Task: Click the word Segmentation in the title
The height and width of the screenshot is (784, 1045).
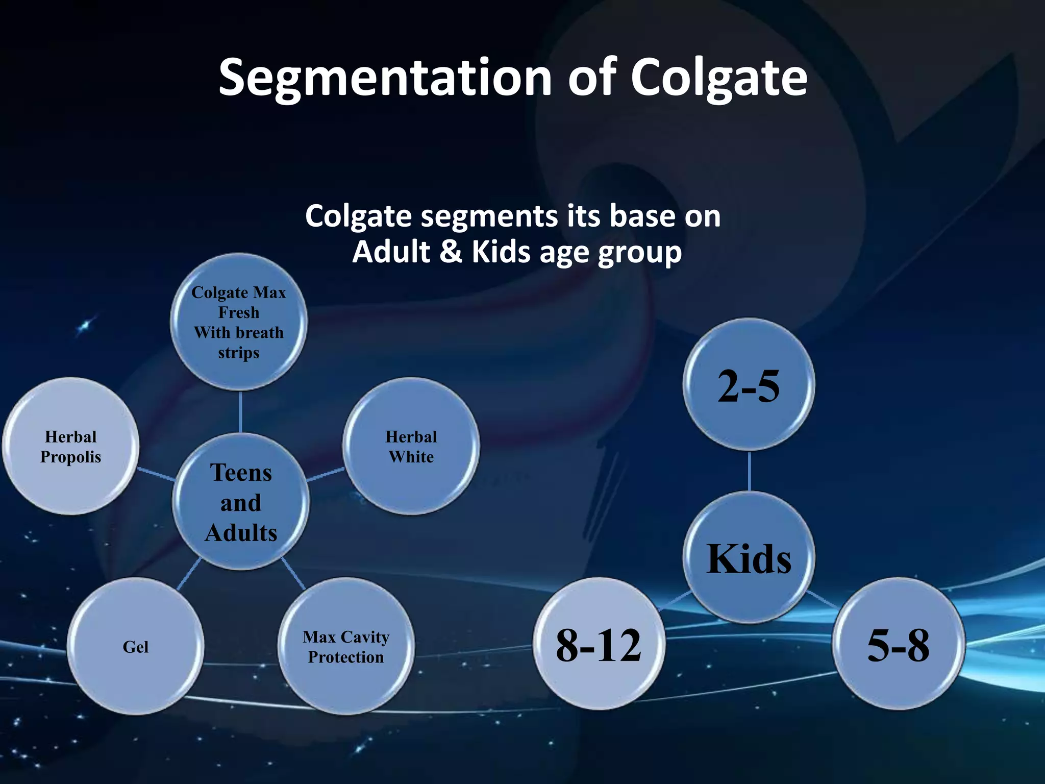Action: [385, 78]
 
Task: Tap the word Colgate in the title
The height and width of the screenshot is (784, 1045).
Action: [719, 78]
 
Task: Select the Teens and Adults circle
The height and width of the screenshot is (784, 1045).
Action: [241, 502]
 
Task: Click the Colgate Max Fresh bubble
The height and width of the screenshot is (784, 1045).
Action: [239, 322]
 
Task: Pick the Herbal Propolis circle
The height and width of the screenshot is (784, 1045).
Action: [71, 446]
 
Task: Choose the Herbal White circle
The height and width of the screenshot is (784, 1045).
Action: [411, 446]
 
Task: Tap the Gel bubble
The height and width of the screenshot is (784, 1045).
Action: [136, 646]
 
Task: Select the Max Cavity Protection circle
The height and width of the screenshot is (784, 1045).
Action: [346, 646]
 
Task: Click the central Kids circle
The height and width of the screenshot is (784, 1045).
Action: [749, 558]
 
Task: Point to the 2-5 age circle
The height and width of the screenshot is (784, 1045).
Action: [749, 385]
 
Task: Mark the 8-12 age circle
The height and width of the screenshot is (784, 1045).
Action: [599, 644]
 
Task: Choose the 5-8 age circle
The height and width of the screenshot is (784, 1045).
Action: [898, 644]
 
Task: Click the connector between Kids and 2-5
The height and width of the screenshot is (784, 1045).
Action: [749, 471]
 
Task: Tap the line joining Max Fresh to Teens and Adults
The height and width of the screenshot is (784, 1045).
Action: [240, 411]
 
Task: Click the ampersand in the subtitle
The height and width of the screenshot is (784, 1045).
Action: [450, 252]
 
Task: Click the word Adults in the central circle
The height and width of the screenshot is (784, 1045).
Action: [241, 533]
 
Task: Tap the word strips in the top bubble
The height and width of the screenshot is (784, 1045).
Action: [239, 353]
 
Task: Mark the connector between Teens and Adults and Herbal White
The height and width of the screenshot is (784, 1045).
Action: [326, 474]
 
